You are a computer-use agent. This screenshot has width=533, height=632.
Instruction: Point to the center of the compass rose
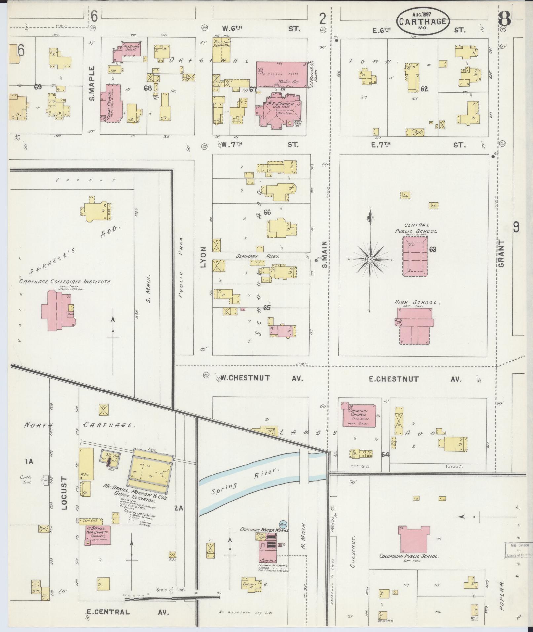click(x=370, y=260)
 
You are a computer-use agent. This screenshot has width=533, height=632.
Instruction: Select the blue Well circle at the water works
click(x=283, y=524)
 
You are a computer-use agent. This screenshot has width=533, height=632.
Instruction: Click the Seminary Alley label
click(x=257, y=256)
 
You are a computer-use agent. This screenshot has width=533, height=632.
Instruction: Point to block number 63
click(x=433, y=249)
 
